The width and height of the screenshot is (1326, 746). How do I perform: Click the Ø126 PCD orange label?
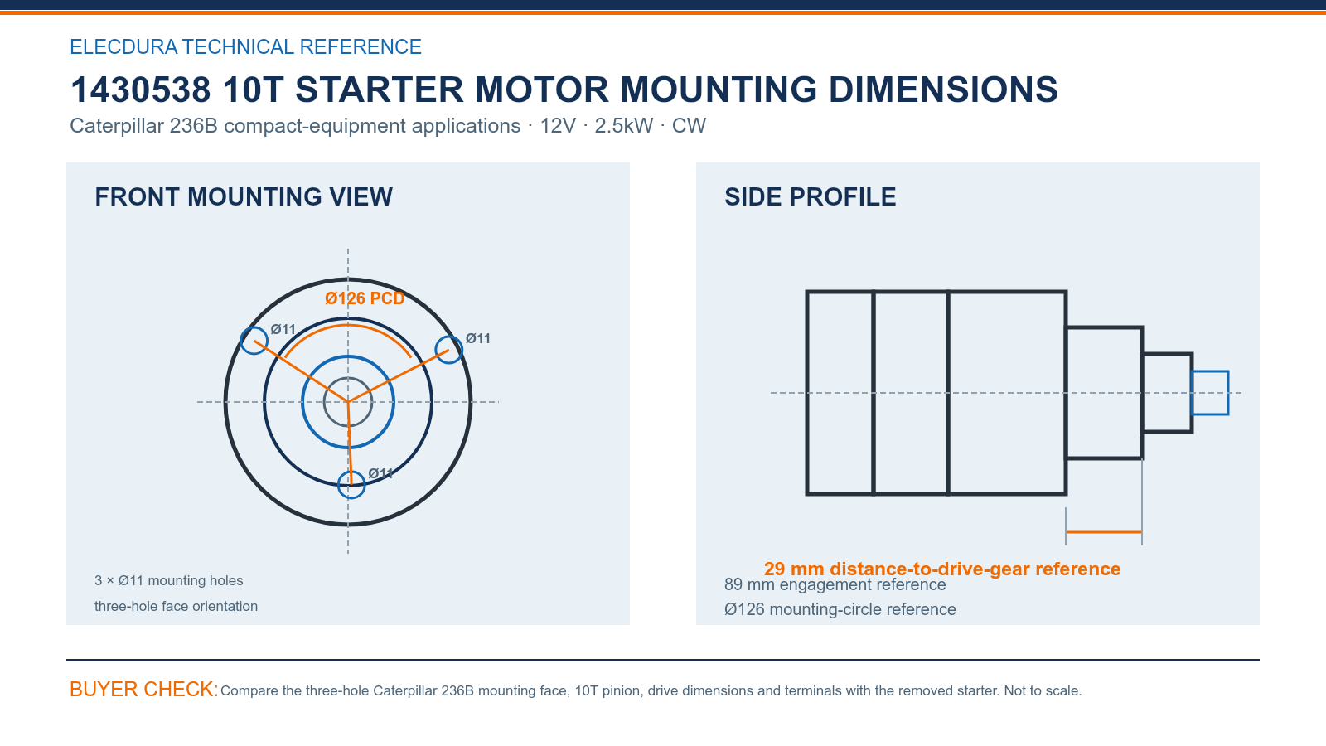(365, 298)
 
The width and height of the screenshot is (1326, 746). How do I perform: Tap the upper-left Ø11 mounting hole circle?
(241, 341)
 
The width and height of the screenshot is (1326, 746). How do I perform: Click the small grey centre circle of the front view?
(324, 402)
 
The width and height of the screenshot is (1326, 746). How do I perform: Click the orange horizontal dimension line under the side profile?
(1103, 532)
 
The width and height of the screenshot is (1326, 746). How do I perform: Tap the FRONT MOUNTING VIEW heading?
(244, 197)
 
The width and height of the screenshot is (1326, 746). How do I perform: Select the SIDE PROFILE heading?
(810, 197)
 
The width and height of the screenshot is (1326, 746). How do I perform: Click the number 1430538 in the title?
(140, 90)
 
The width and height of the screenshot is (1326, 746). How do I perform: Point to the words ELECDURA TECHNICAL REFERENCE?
(245, 46)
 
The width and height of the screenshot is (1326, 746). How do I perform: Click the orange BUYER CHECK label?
(144, 689)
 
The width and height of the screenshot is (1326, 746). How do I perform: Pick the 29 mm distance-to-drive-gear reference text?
(941, 569)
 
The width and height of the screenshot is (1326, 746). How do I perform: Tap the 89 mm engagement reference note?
(835, 585)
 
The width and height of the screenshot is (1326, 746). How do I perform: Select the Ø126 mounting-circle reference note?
(840, 609)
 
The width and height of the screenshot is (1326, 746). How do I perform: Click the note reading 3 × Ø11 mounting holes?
(169, 580)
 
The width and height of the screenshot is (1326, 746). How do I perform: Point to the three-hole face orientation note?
(176, 606)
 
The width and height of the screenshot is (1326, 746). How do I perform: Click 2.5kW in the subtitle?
(624, 125)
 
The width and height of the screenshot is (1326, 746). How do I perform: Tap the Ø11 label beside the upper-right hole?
(477, 339)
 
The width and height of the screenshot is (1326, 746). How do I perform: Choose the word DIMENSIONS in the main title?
(943, 90)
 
